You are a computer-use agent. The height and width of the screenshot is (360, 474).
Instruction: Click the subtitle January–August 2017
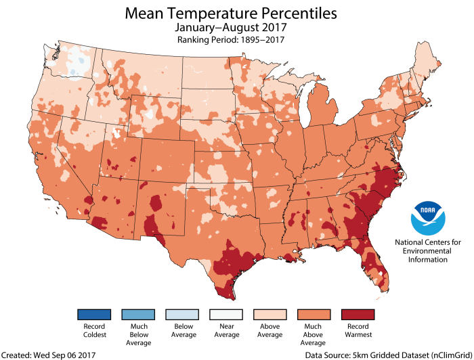coord(231,28)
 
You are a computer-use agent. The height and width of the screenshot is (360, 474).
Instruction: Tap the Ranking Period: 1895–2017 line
coord(231,41)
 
